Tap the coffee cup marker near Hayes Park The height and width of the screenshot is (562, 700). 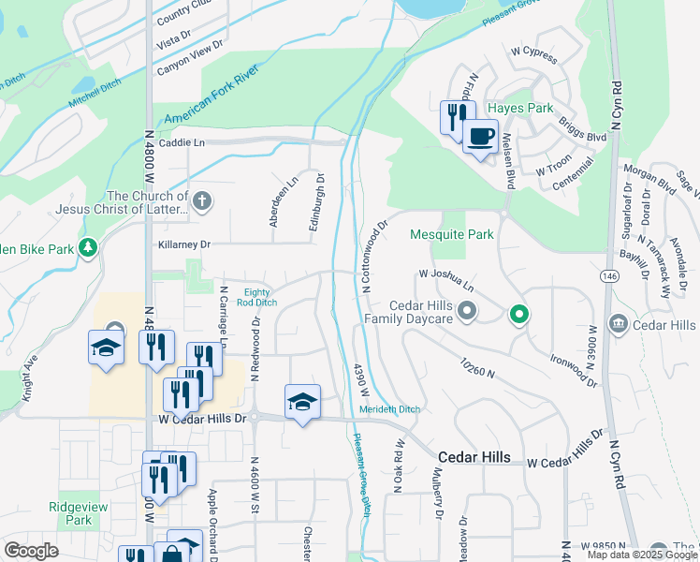(480, 137)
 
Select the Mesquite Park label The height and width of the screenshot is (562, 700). (452, 234)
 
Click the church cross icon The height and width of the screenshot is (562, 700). (202, 200)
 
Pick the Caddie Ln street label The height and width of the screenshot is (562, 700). (182, 142)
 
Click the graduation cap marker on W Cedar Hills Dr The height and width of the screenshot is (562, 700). (302, 403)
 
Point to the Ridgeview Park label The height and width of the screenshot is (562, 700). (71, 513)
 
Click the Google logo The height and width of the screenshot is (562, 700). (30, 551)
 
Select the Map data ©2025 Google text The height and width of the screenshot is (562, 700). (641, 554)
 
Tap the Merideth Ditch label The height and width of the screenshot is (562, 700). (389, 409)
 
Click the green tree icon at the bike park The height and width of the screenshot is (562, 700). (89, 247)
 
